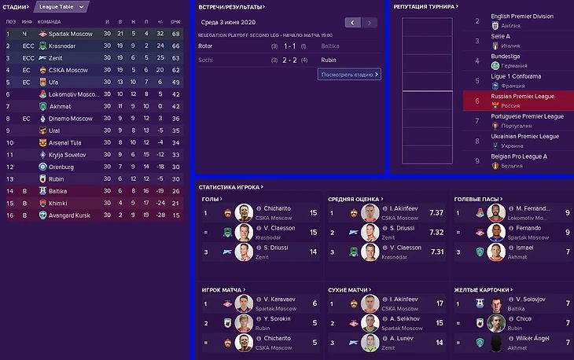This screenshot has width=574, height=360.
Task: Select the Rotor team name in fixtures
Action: click(206, 46)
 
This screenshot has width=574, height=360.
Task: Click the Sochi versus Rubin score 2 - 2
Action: click(289, 60)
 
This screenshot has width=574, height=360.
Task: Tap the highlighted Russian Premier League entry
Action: click(523, 97)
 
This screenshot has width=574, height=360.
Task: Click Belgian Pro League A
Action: click(519, 156)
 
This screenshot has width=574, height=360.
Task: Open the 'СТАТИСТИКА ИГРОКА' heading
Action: click(230, 187)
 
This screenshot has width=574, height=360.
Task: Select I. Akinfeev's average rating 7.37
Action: click(436, 212)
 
